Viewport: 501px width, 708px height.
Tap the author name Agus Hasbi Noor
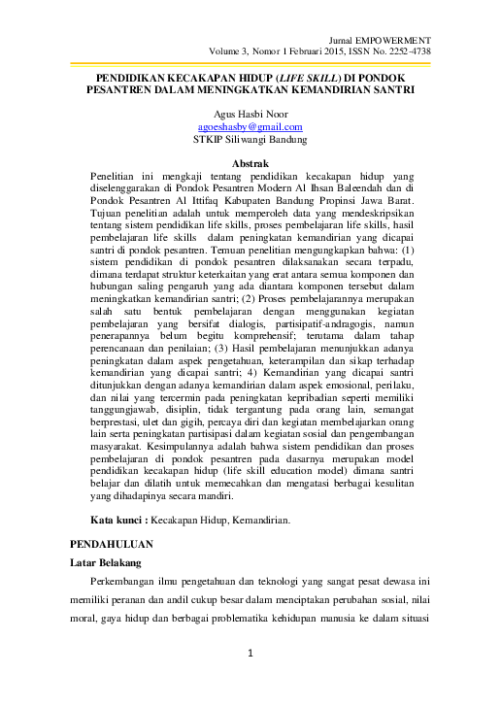click(x=250, y=113)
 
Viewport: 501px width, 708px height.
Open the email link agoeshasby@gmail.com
click(x=250, y=125)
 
